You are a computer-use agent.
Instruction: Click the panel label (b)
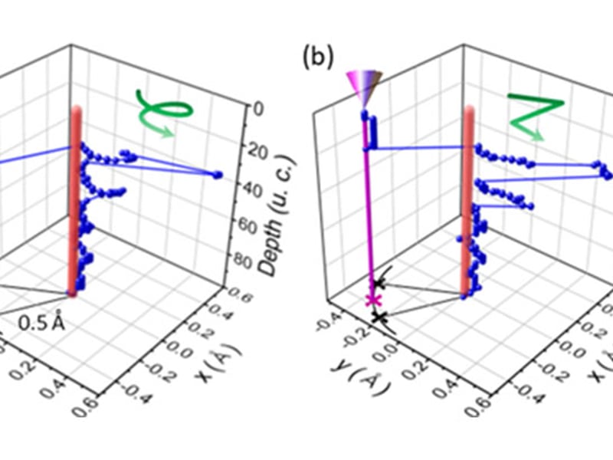coord(317,58)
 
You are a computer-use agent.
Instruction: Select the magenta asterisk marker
coord(374,299)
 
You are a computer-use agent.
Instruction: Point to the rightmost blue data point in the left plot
coord(218,176)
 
